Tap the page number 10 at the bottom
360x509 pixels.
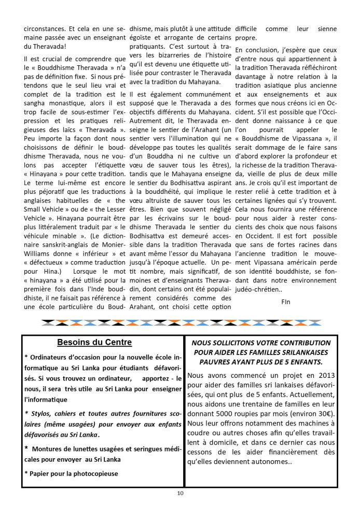click(x=179, y=493)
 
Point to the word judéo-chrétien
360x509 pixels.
click(x=260, y=289)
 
